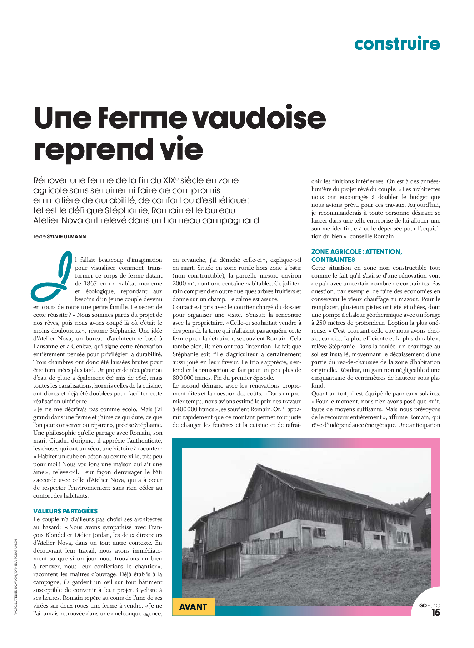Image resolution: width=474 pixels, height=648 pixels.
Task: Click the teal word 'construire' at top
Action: click(x=397, y=44)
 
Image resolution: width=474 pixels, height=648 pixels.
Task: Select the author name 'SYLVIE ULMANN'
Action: click(x=66, y=236)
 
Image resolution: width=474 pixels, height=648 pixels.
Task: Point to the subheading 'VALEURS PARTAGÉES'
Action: click(x=65, y=511)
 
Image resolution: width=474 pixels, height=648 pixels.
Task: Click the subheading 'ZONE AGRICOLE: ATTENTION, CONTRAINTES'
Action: click(x=356, y=256)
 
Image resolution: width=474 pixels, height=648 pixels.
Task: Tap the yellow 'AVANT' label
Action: click(x=193, y=607)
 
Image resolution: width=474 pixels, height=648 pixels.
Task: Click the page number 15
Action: click(x=436, y=613)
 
